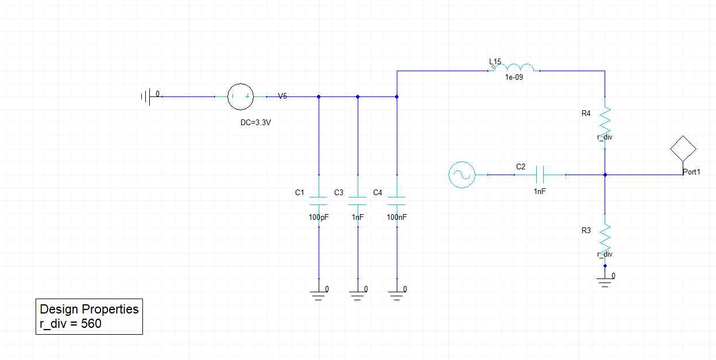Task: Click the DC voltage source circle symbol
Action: [x=241, y=96]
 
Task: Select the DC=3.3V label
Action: [x=256, y=122]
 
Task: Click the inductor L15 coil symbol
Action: [x=520, y=68]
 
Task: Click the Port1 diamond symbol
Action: [x=683, y=149]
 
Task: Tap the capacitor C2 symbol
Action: [x=539, y=174]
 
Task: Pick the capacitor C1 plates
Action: [x=318, y=201]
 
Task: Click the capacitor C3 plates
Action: [x=357, y=201]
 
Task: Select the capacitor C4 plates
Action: [x=396, y=201]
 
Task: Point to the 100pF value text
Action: [x=319, y=218]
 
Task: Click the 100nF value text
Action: [x=397, y=218]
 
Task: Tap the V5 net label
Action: [x=282, y=96]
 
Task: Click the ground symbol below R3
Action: [x=605, y=281]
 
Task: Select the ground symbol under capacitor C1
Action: [x=318, y=295]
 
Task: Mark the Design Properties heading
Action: [x=89, y=309]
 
